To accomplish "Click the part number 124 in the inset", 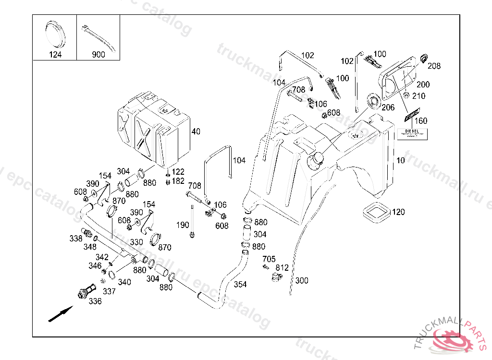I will (55, 55).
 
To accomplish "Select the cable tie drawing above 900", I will (98, 36).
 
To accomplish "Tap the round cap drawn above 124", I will (55, 32).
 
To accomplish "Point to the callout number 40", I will (196, 132).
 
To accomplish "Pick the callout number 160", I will (420, 121).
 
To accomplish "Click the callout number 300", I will (302, 280).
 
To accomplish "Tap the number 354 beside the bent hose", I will (240, 285).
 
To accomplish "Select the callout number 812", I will (282, 268).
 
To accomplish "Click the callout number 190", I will (183, 225).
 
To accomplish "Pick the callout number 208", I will (434, 66).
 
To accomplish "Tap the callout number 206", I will (388, 108).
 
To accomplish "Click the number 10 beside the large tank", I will (401, 160).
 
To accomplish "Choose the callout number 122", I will (178, 172).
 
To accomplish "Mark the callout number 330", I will (136, 242).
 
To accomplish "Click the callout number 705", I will (269, 260).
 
